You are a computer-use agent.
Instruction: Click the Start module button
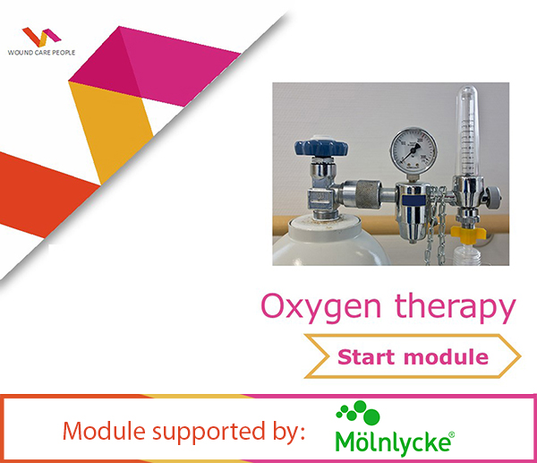click(413, 357)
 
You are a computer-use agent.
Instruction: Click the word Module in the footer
click(98, 432)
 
